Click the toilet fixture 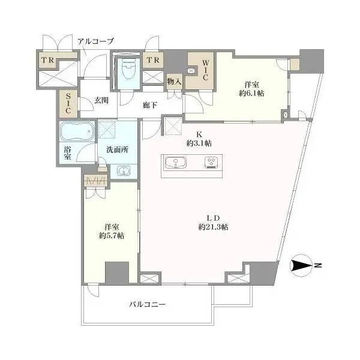pyautogui.click(x=128, y=68)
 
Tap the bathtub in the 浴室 pyautogui.click(x=77, y=131)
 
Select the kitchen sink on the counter pyautogui.click(x=176, y=163)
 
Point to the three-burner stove pyautogui.click(x=211, y=163)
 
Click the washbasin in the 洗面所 pyautogui.click(x=124, y=171)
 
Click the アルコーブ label pyautogui.click(x=95, y=41)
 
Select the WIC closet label pyautogui.click(x=205, y=70)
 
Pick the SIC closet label pyautogui.click(x=68, y=103)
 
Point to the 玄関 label pyautogui.click(x=101, y=100)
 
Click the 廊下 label pyautogui.click(x=150, y=105)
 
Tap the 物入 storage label pyautogui.click(x=175, y=81)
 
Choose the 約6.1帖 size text pyautogui.click(x=251, y=93)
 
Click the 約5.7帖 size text pyautogui.click(x=112, y=236)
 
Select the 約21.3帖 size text pyautogui.click(x=213, y=227)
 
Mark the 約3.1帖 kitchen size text pyautogui.click(x=199, y=143)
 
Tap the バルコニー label pyautogui.click(x=147, y=305)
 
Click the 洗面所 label pyautogui.click(x=118, y=149)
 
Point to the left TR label pyautogui.click(x=48, y=60)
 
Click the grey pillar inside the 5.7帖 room pyautogui.click(x=117, y=272)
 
